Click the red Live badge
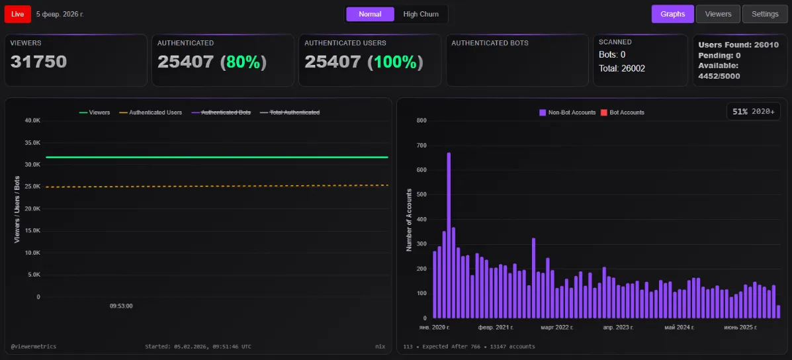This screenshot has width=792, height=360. coord(17,14)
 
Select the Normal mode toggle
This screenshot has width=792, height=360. coord(370,14)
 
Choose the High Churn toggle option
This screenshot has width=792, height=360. coord(420,14)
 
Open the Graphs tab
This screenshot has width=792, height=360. coord(672,14)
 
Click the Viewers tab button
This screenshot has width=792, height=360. coord(718,14)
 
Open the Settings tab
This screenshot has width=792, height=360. coord(765,14)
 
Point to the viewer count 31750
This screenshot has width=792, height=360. coord(38,62)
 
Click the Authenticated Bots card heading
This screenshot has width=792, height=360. coord(490,43)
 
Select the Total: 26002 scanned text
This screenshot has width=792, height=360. coord(621,68)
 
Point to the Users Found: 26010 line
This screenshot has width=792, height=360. coord(738,45)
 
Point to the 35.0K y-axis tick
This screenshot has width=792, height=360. coord(32,142)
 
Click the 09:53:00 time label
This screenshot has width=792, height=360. coord(121,306)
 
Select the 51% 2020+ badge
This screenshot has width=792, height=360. coord(754,112)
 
